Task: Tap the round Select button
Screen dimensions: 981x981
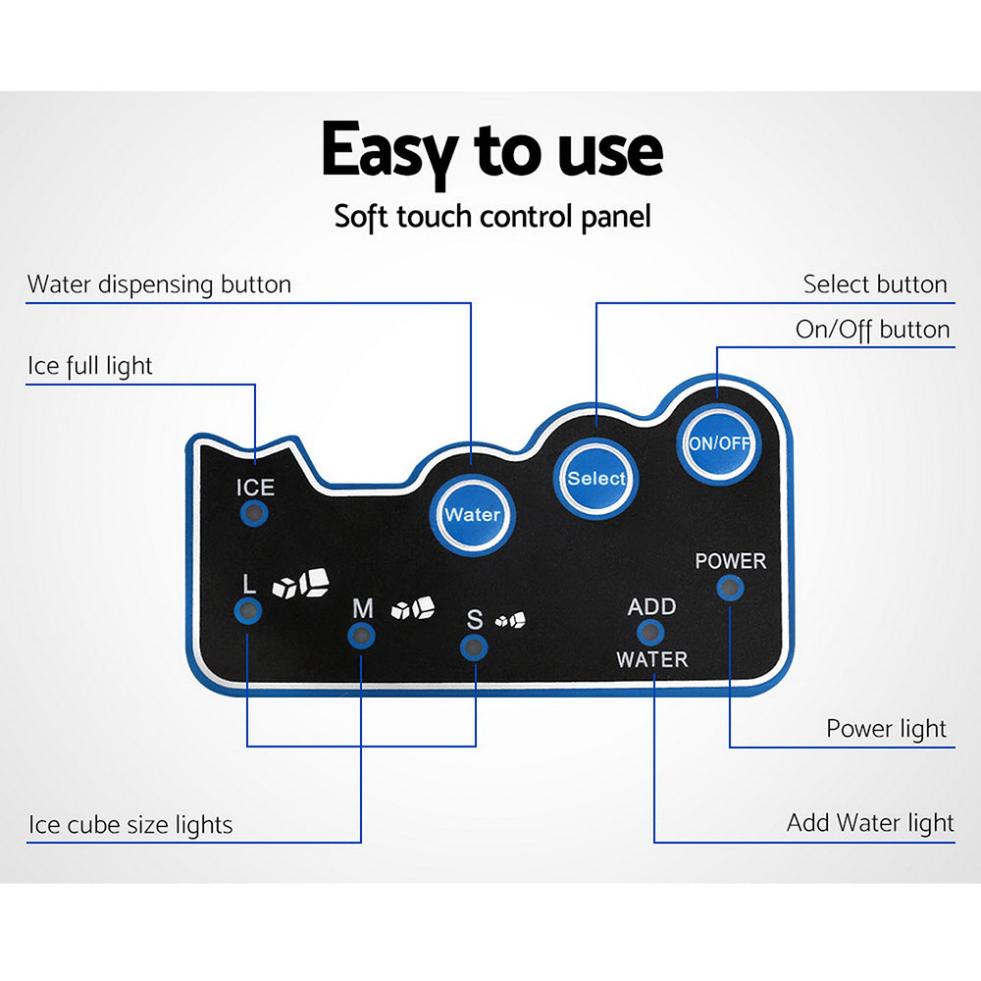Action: click(x=595, y=478)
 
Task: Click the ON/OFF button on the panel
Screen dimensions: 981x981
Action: click(x=719, y=442)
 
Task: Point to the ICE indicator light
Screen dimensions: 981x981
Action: click(x=255, y=513)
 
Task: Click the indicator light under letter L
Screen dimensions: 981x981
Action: click(x=248, y=611)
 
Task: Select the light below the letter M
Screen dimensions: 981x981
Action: click(x=362, y=636)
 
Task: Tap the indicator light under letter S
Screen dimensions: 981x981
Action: click(x=474, y=645)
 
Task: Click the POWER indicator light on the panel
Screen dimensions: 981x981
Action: click(x=729, y=588)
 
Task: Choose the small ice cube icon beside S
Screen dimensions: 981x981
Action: click(x=510, y=620)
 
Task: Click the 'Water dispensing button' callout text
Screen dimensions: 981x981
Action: click(x=159, y=285)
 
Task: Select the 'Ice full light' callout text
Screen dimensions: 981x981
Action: click(x=89, y=367)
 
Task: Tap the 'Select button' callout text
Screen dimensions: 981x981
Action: click(x=875, y=285)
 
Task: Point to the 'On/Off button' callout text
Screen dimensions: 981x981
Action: click(x=872, y=330)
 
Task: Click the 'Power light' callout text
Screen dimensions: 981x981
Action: click(x=886, y=729)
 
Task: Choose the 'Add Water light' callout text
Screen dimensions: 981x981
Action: click(x=869, y=823)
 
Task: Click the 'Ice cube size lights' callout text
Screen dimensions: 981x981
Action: click(x=130, y=825)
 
